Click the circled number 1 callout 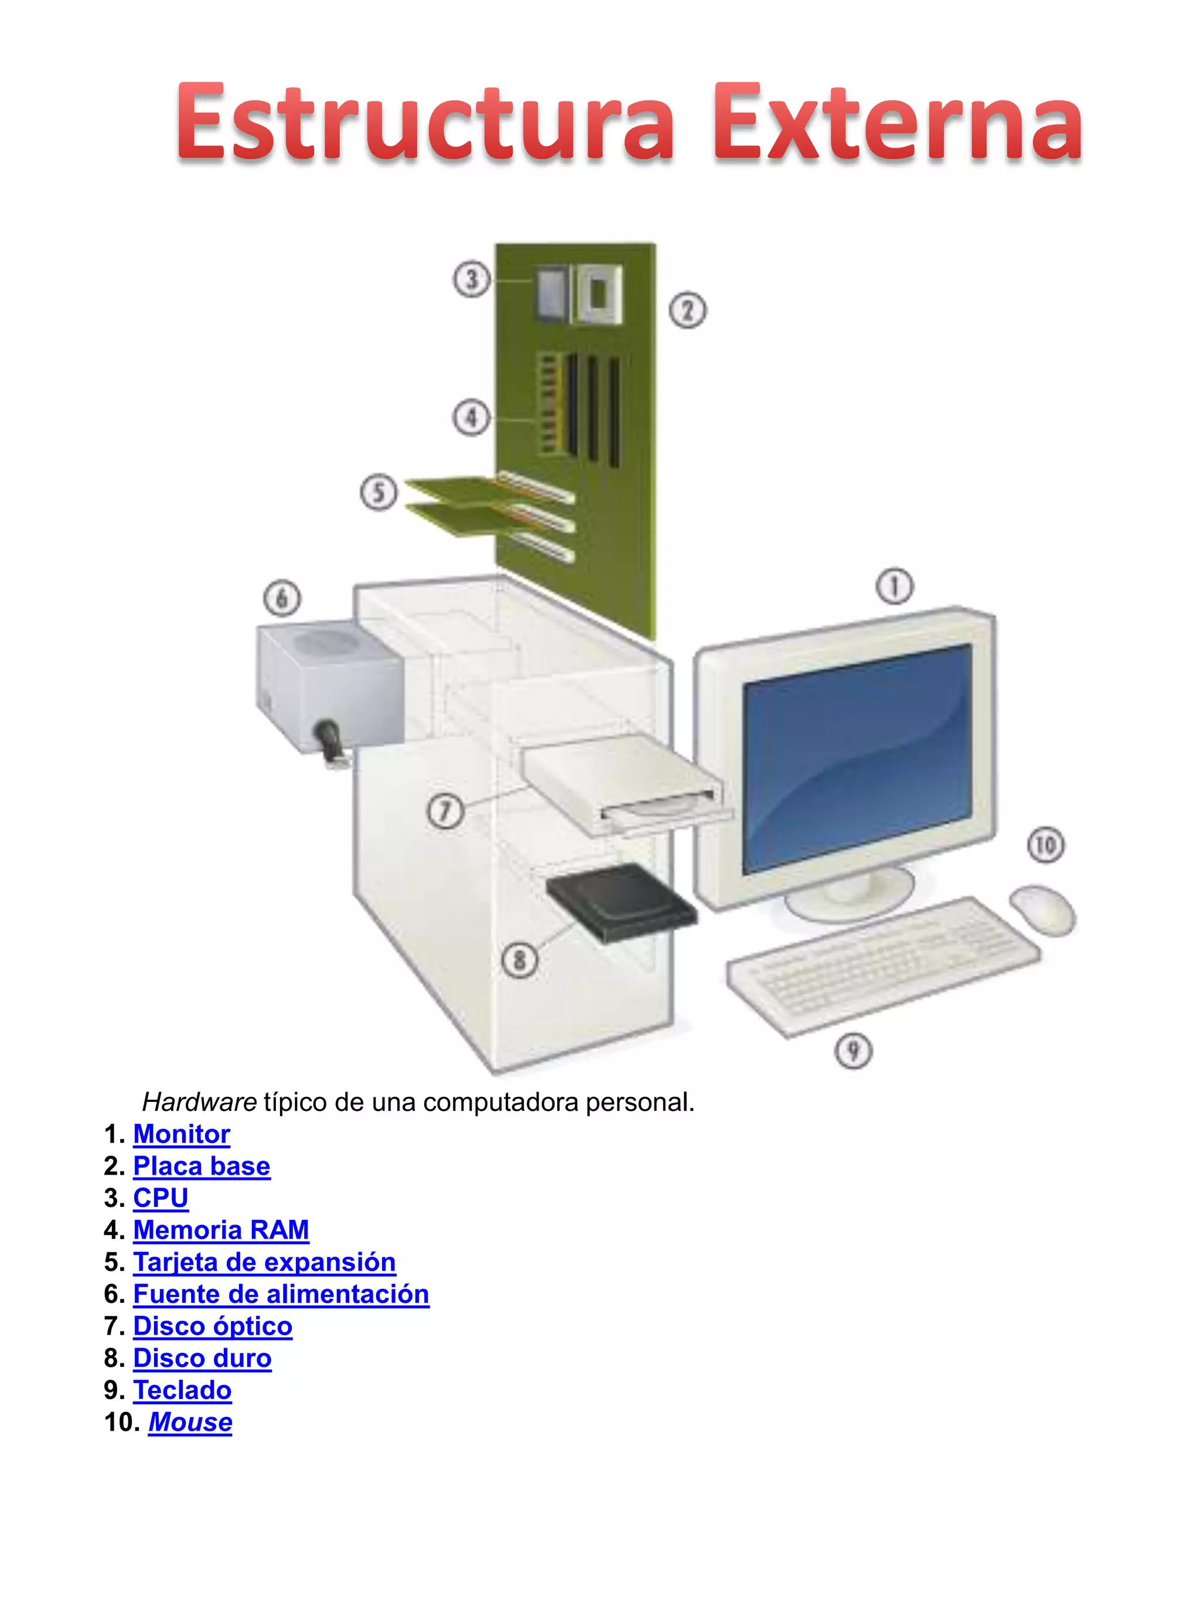point(894,586)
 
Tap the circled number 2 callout point(687,311)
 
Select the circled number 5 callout point(379,493)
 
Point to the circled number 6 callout point(281,598)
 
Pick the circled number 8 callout point(519,961)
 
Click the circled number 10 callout point(1045,845)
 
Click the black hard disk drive point(621,903)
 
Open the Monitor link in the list point(182,1134)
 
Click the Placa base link point(202,1166)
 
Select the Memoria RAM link point(221,1230)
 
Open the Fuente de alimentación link point(281,1294)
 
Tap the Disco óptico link point(213,1326)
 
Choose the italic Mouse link point(190,1422)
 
